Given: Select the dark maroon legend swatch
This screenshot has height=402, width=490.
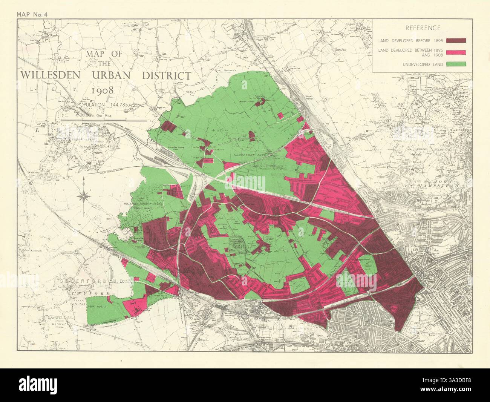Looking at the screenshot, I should point(456,40).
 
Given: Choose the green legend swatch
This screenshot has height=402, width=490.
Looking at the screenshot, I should point(456,64).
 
